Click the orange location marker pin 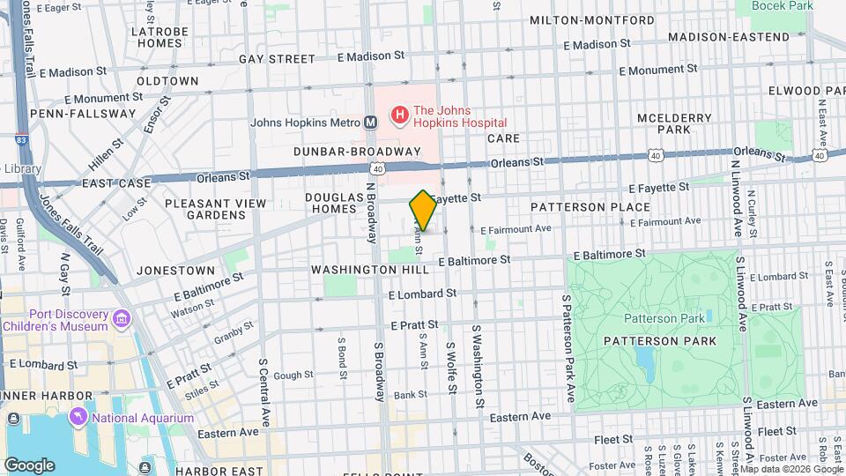point(423,210)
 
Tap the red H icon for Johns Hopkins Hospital point(399,114)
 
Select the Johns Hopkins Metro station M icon point(371,123)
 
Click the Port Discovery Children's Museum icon point(122,317)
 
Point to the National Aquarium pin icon point(80,415)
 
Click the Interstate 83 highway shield point(19,140)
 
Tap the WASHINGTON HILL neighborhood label point(358,269)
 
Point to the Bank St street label point(411,394)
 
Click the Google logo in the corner point(29,465)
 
